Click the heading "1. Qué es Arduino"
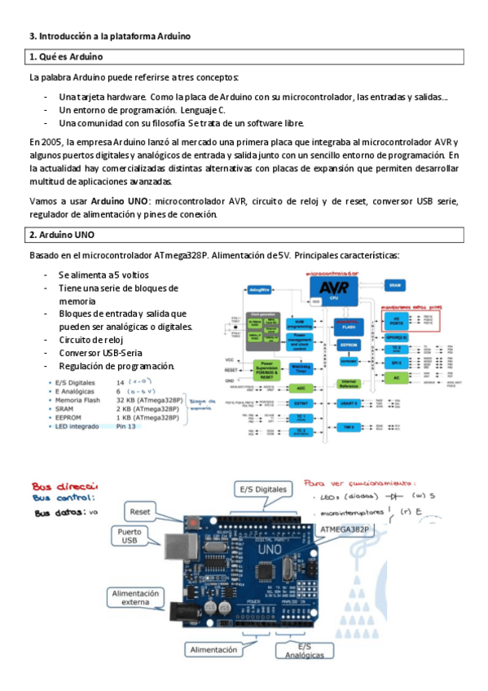pos(65,57)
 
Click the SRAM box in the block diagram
pos(395,285)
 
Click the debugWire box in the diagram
pos(260,289)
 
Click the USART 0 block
pos(349,403)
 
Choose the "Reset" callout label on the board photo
pos(139,512)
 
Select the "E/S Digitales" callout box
pos(262,489)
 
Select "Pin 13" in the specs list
pos(127,425)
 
